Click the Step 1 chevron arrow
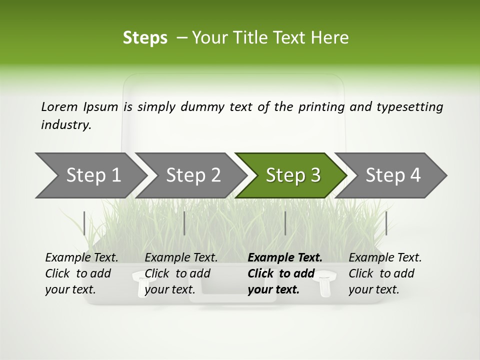tap(90, 175)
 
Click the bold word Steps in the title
tap(145, 38)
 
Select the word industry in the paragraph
tap(65, 125)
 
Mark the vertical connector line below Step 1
tap(84, 223)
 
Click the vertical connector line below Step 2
tap(184, 223)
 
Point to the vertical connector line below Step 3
tap(285, 223)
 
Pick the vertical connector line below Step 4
tap(386, 223)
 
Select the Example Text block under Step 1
tap(81, 273)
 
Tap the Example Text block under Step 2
tap(181, 273)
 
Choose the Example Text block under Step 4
tap(385, 273)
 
